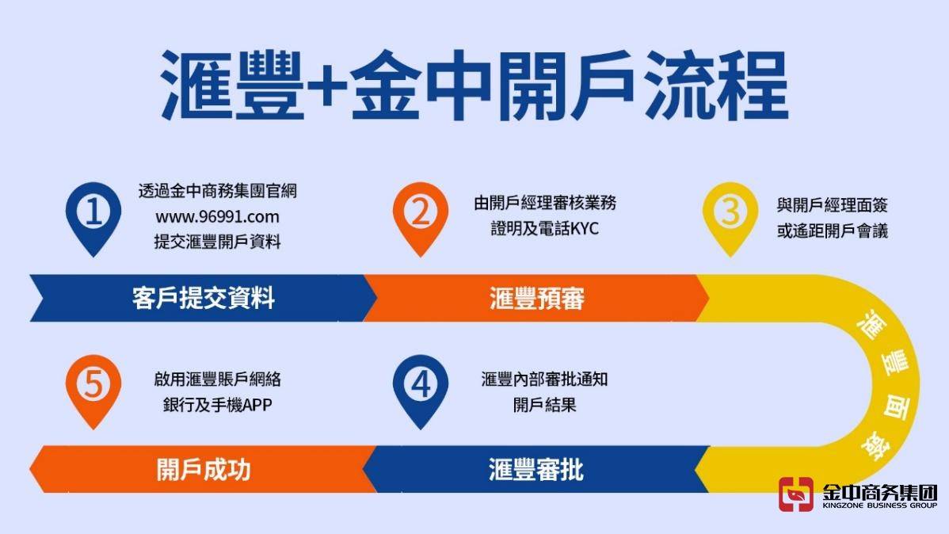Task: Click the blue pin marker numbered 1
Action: coord(94,212)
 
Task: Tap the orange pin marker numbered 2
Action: coord(421,212)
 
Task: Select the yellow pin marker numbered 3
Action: coord(730,212)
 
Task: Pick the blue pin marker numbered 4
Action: coord(421,385)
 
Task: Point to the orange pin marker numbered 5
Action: coord(94,385)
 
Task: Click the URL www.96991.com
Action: coord(217,216)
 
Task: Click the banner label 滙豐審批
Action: coord(536,469)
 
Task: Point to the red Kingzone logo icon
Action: coord(796,494)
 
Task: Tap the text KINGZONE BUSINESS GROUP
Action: coord(879,505)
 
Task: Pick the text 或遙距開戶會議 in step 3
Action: coord(832,231)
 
